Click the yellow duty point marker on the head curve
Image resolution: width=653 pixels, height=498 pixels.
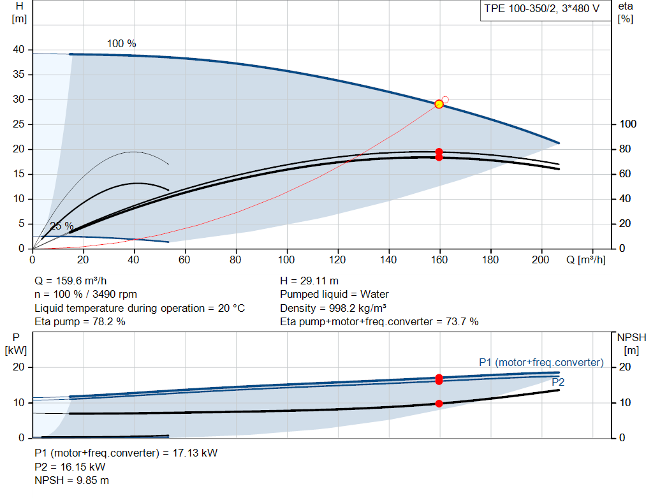click(x=439, y=104)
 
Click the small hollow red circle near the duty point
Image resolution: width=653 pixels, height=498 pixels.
click(x=445, y=99)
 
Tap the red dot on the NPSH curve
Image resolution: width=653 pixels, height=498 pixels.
click(x=439, y=404)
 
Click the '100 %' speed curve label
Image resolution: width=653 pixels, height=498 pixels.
click(x=121, y=44)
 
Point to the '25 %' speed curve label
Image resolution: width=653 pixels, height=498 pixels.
click(x=62, y=226)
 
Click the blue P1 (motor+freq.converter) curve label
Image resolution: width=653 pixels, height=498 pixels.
click(x=541, y=362)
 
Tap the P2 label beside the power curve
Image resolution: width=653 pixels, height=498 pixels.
click(x=558, y=382)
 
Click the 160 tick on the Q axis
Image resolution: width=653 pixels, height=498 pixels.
click(x=439, y=260)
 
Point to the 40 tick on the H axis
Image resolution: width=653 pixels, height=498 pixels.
click(x=18, y=50)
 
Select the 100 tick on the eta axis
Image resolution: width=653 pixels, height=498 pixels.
click(x=628, y=124)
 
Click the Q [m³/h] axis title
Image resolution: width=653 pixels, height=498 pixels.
click(x=586, y=260)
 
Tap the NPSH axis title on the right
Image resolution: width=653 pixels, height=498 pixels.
click(x=631, y=337)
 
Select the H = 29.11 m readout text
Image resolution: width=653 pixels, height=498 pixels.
click(x=309, y=281)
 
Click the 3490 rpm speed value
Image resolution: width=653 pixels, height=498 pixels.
click(x=115, y=295)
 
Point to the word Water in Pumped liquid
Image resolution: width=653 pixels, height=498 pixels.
click(x=374, y=295)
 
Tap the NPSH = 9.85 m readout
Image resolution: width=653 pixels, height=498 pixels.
click(x=71, y=481)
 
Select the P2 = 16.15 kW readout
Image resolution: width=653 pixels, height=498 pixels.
click(x=70, y=467)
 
